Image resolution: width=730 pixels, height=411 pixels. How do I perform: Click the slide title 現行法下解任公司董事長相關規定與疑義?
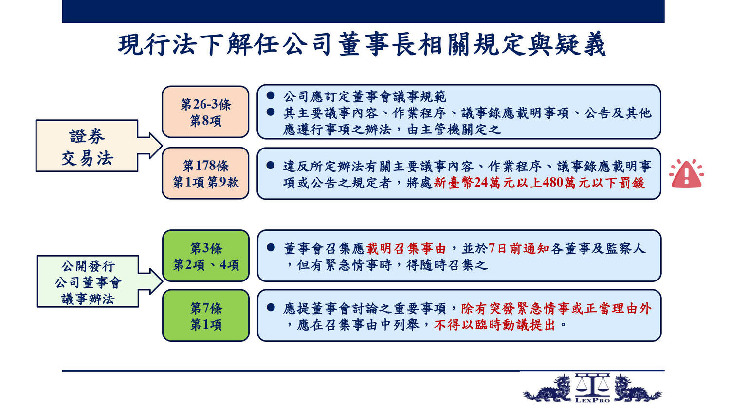coord(362,44)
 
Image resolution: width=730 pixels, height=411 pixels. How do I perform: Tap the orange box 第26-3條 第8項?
coord(206,112)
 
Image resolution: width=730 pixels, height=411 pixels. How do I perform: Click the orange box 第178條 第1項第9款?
coord(206,173)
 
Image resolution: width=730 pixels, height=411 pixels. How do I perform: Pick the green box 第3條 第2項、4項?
coord(206,256)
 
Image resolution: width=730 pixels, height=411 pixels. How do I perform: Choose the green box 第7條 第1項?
coord(206,316)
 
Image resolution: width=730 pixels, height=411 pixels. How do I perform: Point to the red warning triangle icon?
coord(686,174)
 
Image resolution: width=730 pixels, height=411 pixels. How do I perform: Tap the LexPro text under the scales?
coord(592,400)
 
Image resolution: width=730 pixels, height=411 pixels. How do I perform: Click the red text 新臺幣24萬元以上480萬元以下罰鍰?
coord(539,183)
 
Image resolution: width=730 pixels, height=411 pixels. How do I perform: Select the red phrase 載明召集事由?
coord(406,249)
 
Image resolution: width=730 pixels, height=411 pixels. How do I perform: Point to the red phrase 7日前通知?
coord(519,249)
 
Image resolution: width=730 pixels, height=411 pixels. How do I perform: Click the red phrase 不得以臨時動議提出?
coord(494,325)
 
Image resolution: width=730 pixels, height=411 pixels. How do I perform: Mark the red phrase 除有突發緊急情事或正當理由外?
coord(556,309)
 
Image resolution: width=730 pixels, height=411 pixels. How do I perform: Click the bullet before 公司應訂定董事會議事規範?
coord(270,95)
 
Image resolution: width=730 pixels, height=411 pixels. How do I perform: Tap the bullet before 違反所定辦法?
coord(270,165)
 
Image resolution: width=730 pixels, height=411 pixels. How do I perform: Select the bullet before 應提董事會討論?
coord(271,307)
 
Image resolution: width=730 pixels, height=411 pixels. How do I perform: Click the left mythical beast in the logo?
coord(548,388)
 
